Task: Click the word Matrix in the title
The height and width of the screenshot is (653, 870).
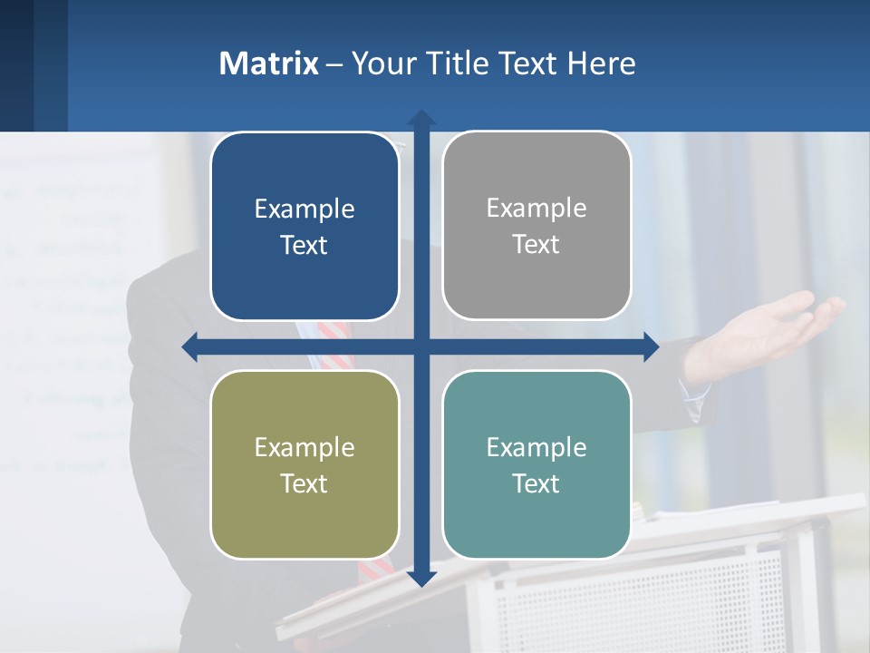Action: [x=268, y=63]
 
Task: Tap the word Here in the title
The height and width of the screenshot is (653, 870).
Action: [x=602, y=63]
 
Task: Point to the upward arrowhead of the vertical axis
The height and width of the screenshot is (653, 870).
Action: [x=421, y=118]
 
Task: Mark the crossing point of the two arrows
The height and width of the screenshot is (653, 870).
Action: [x=421, y=346]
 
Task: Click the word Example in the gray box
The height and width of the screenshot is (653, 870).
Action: [x=536, y=209]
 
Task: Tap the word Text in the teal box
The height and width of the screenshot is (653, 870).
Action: [x=536, y=484]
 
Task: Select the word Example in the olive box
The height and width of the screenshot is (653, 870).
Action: [x=304, y=447]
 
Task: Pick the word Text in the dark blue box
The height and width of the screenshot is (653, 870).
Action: [x=304, y=246]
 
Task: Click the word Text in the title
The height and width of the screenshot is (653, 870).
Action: [x=526, y=63]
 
